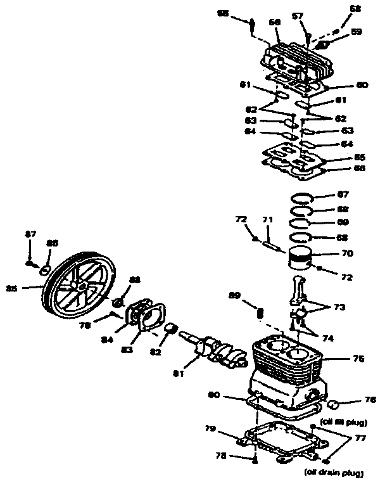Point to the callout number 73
coord(341,307)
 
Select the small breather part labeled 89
coord(260,312)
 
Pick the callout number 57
coord(297,16)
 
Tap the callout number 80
coord(213,395)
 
